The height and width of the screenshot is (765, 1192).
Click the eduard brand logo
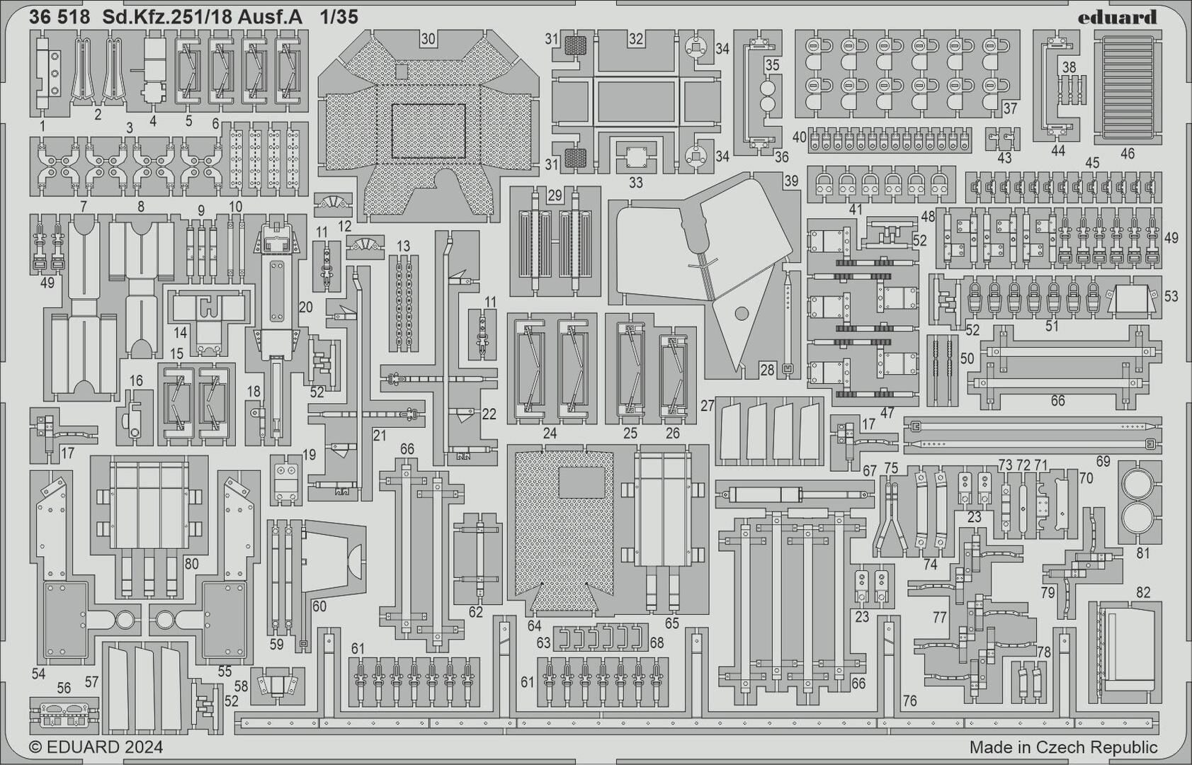[1117, 17]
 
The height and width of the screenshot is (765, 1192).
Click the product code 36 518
[59, 18]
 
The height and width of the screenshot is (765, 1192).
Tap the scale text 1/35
[338, 18]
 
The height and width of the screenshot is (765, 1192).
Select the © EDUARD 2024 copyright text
[96, 747]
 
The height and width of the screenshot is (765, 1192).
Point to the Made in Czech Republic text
[1063, 747]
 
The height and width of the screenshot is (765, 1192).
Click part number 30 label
[428, 39]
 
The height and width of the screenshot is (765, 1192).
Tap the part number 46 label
[1127, 153]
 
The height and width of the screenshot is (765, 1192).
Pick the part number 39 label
[791, 181]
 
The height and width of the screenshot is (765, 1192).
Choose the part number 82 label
[1143, 592]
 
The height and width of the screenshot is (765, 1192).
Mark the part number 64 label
[534, 625]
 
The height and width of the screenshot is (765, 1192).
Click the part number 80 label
[191, 565]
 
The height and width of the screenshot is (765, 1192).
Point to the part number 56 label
[64, 688]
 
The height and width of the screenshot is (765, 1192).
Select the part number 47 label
[887, 412]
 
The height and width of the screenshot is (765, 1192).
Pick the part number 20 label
[305, 307]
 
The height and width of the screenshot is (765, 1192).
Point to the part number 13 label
[403, 246]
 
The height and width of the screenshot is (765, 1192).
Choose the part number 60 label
[319, 606]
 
